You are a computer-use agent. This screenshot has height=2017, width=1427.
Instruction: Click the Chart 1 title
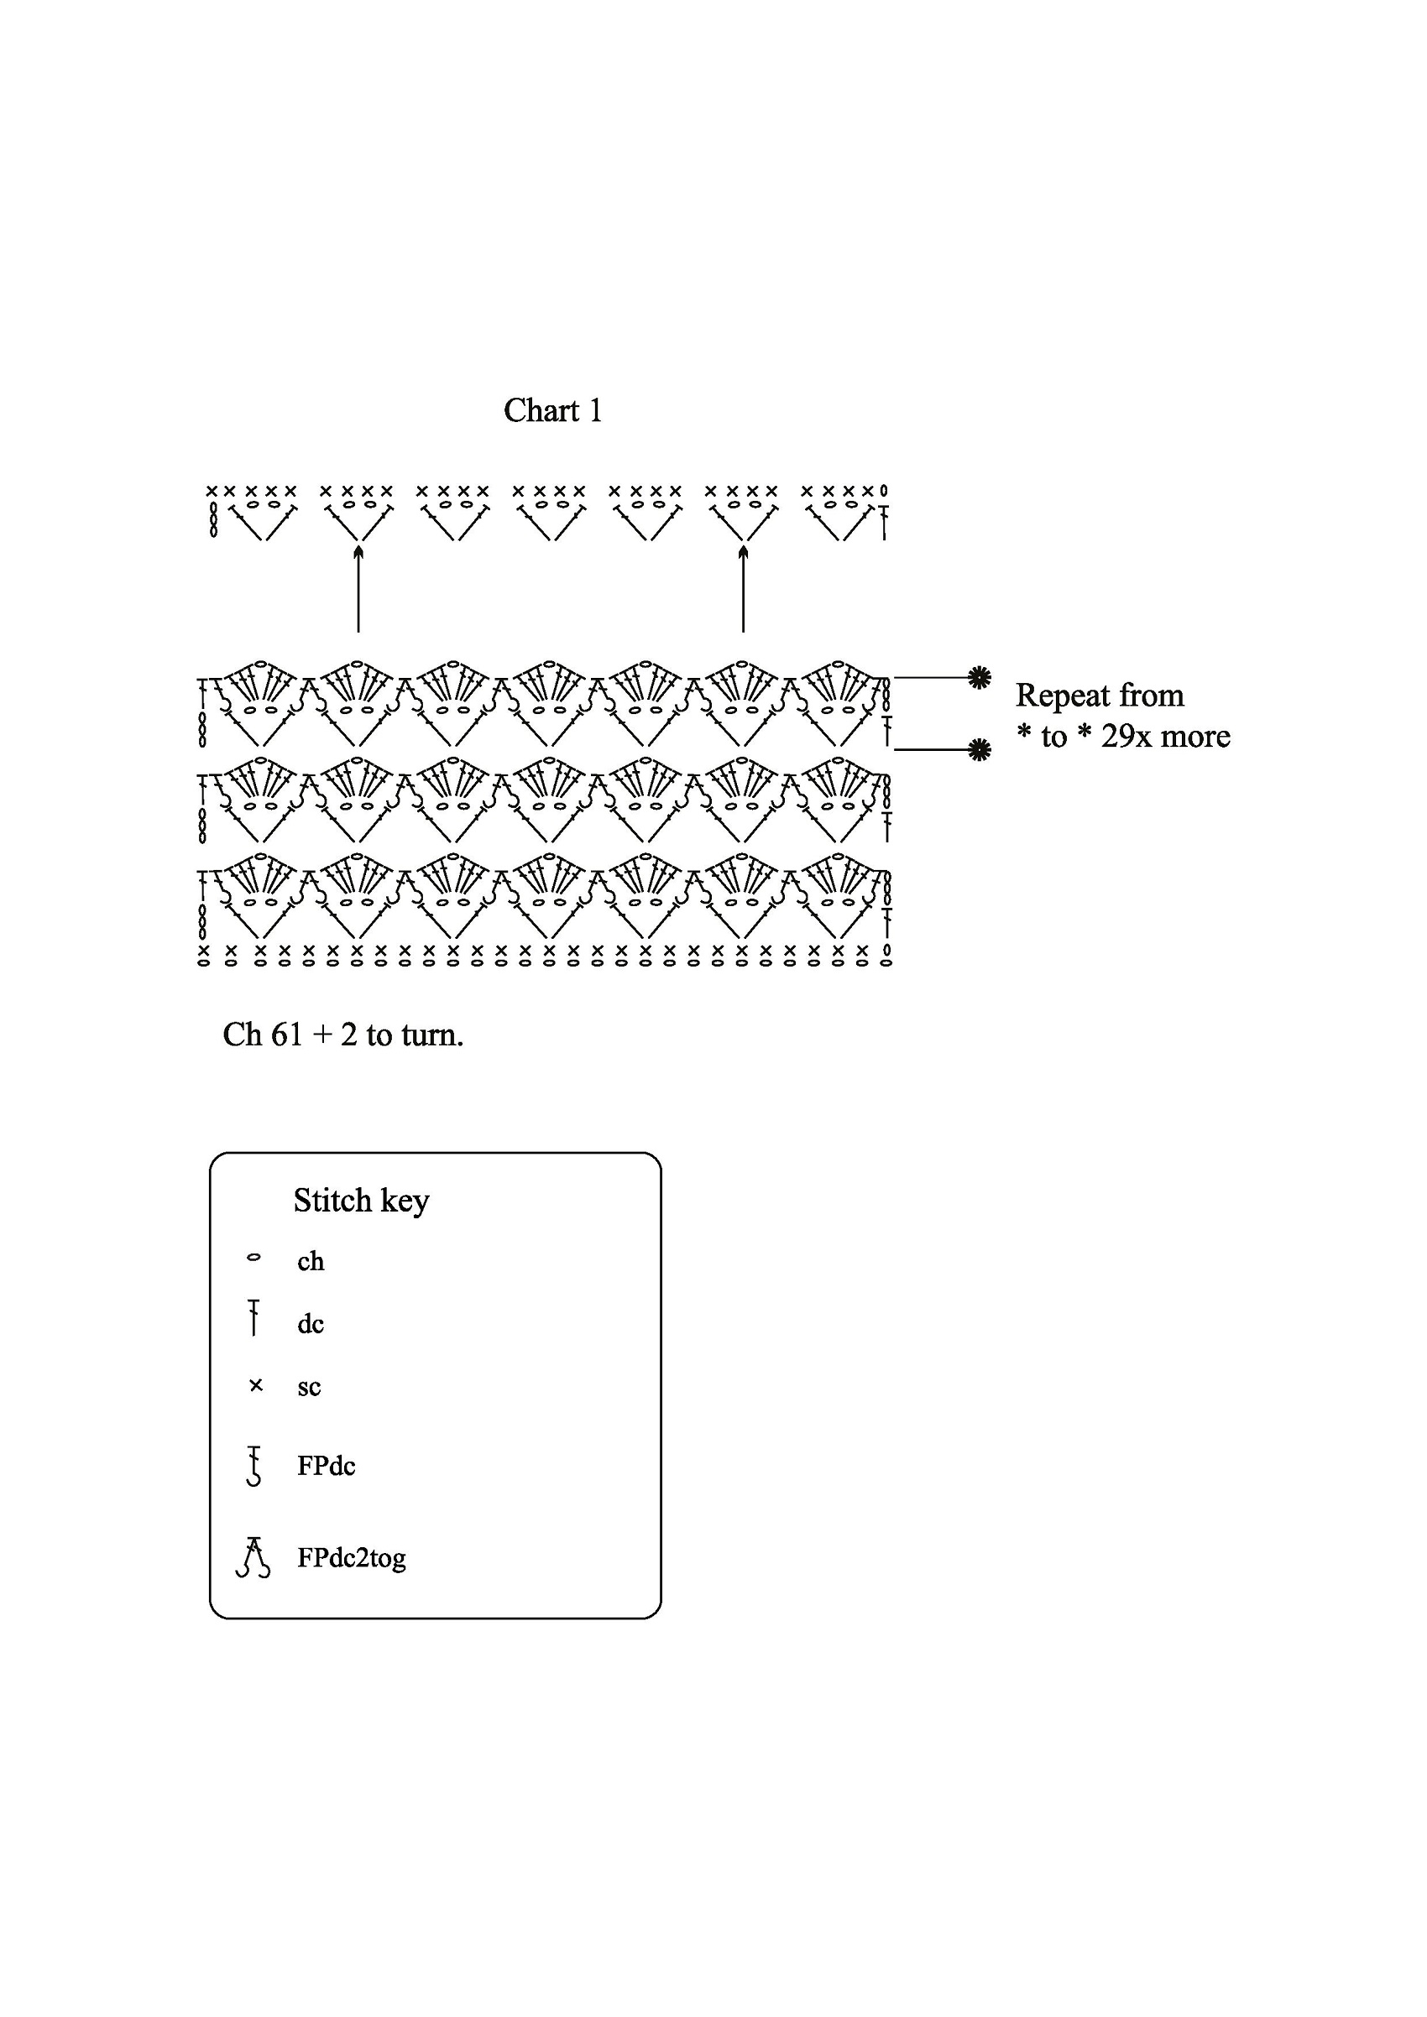[x=552, y=410]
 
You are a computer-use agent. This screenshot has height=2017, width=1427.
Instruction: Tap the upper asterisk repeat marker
[x=979, y=677]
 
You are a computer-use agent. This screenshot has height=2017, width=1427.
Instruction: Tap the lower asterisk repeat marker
[x=979, y=749]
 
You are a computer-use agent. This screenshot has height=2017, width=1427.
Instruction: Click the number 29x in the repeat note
[x=1126, y=736]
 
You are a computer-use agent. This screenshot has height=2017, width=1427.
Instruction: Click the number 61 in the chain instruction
[x=285, y=1035]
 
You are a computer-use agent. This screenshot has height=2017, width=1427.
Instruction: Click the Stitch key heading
[x=361, y=1201]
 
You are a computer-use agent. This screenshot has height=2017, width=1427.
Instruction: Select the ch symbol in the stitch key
[x=254, y=1257]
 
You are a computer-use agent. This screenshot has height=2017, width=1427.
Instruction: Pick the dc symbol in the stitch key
[x=254, y=1319]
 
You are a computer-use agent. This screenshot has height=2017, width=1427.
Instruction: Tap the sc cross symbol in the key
[x=256, y=1385]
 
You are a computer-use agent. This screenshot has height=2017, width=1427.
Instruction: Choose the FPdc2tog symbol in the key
[x=253, y=1556]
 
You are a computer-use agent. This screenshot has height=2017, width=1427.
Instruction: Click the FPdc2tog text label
[x=352, y=1558]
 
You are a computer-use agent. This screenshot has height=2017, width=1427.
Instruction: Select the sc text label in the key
[x=309, y=1388]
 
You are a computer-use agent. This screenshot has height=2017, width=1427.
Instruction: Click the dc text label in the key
[x=311, y=1324]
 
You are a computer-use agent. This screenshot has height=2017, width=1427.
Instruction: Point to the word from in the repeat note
[x=1152, y=696]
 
